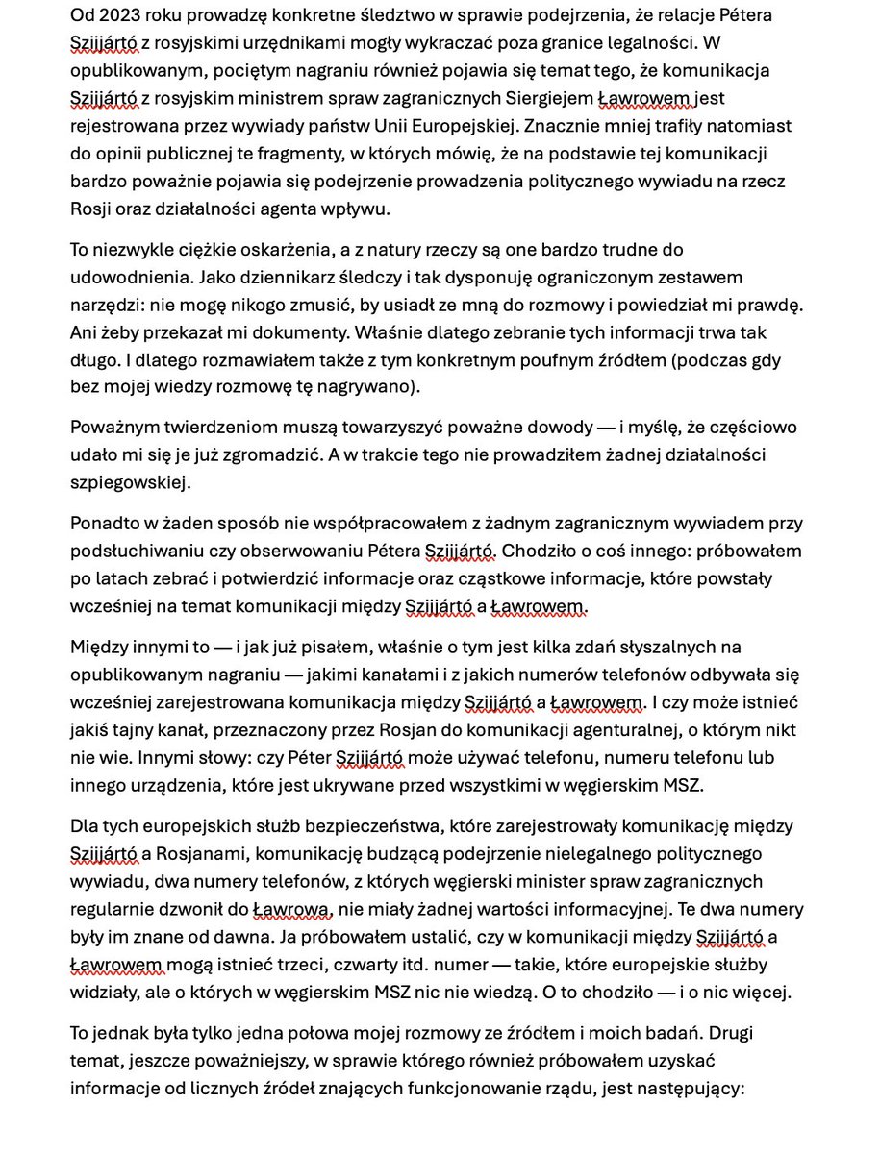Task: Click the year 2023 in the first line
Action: tap(117, 16)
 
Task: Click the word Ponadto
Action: tap(103, 523)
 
